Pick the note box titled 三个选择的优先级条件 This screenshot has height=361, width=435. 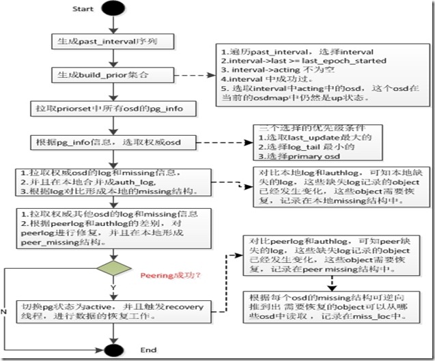click(x=310, y=143)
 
